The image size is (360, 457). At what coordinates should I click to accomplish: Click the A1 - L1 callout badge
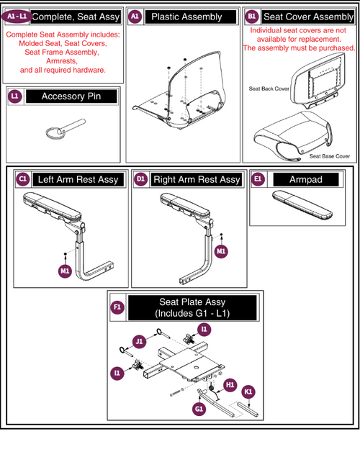point(17,16)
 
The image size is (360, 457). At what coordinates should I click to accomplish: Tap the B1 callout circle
point(251,16)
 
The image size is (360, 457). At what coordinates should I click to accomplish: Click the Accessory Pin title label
point(70,96)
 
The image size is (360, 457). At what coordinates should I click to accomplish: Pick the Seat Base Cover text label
point(330,156)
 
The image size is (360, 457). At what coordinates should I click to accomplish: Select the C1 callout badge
point(22,179)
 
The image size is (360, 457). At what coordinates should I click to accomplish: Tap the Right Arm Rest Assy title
point(197,179)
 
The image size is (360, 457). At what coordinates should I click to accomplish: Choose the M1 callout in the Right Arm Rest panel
point(222,250)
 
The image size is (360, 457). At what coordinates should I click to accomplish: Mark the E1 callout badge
point(258,179)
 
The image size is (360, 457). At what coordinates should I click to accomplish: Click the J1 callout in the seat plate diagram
point(138,340)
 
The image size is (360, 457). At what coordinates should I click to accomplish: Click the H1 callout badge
point(230,384)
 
